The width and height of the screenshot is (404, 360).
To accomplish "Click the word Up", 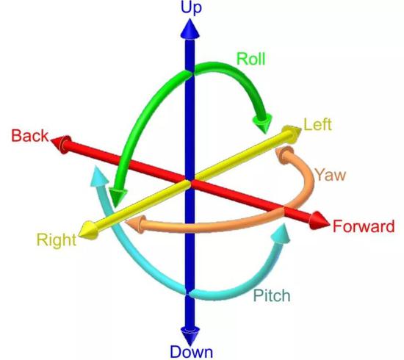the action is [x=191, y=7].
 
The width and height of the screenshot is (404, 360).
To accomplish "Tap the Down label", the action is [x=192, y=352].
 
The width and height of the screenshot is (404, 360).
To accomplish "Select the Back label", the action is [x=30, y=135].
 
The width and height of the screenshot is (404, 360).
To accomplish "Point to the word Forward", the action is [x=364, y=226].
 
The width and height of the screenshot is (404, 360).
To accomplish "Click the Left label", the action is [x=317, y=124].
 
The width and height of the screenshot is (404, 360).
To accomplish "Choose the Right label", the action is [x=57, y=240].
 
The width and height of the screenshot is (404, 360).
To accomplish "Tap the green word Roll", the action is [x=250, y=59].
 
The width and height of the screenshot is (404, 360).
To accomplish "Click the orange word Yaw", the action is [x=331, y=175].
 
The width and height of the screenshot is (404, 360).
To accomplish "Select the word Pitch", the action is [x=272, y=295].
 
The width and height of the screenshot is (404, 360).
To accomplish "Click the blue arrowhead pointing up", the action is [x=190, y=29].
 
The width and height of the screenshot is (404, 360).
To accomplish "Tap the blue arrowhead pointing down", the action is [x=190, y=336].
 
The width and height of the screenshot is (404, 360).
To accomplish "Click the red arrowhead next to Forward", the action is [x=319, y=221].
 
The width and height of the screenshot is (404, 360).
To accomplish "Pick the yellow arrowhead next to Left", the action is [x=292, y=134].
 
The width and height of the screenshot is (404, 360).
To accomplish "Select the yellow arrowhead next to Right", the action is [x=88, y=230].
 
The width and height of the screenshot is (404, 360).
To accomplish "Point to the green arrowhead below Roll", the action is [x=263, y=123].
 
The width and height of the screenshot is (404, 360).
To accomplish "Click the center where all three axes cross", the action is [x=190, y=182].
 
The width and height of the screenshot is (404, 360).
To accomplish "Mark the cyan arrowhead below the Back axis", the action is [x=99, y=176].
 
